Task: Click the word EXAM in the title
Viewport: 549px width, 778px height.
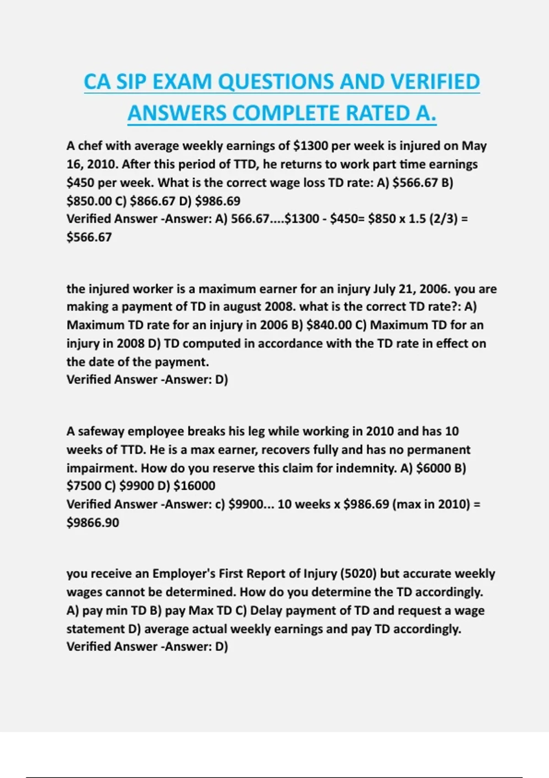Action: pos(182,82)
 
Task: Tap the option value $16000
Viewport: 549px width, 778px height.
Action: pos(194,486)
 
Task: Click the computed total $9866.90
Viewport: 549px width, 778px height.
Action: pos(93,522)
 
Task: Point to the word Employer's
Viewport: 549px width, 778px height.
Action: pos(183,573)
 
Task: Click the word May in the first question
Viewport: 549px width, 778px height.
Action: pos(474,146)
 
